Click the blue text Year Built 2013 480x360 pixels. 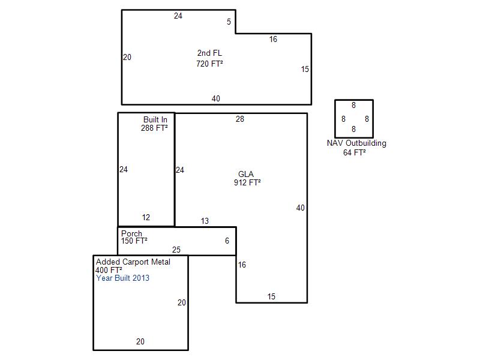[x=123, y=278]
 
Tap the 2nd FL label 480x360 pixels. [x=209, y=53]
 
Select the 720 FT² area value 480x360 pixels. [x=209, y=64]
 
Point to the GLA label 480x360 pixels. [x=246, y=174]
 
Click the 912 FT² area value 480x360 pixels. [x=247, y=182]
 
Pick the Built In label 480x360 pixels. [x=155, y=119]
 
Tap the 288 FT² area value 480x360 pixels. [x=154, y=128]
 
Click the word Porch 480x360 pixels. [x=131, y=233]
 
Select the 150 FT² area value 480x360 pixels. [x=134, y=241]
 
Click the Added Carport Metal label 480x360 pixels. [x=133, y=262]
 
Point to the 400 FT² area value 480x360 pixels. [x=109, y=270]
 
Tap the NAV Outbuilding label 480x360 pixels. [x=356, y=143]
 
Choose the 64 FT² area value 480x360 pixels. [x=355, y=152]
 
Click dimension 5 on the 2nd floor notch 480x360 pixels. [x=229, y=22]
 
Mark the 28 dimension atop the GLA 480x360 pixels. [x=240, y=119]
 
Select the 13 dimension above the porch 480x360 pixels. [x=205, y=221]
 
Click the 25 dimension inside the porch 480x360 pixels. [x=176, y=250]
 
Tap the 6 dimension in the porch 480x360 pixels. [x=227, y=241]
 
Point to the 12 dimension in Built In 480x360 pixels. [x=146, y=217]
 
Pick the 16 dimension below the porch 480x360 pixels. [x=242, y=265]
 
